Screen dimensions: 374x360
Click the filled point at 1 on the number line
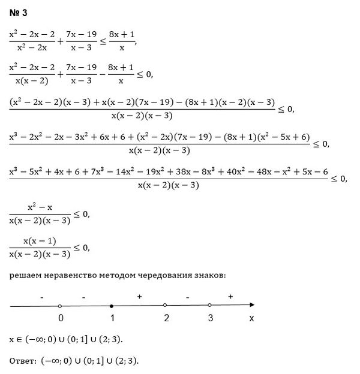[x=112, y=306]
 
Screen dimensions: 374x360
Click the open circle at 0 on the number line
[x=60, y=306]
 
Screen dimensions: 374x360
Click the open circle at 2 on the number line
[x=164, y=306]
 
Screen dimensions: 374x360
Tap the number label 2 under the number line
[x=166, y=318]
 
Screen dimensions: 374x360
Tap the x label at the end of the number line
[x=251, y=319]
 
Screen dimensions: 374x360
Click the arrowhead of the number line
[x=255, y=306]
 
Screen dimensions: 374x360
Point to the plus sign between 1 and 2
[x=139, y=297]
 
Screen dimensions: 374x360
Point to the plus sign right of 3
[x=230, y=297]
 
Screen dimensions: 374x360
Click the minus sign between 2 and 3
[x=187, y=297]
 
